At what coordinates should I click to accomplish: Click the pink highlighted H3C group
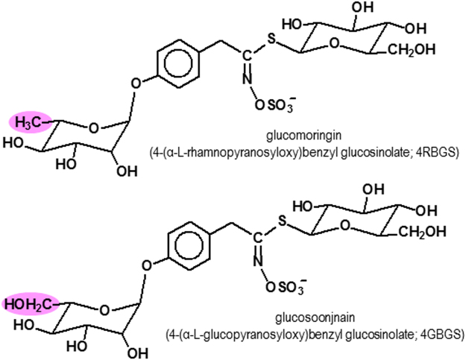click(x=29, y=121)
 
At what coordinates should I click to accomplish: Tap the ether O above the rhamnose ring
click(x=135, y=82)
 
